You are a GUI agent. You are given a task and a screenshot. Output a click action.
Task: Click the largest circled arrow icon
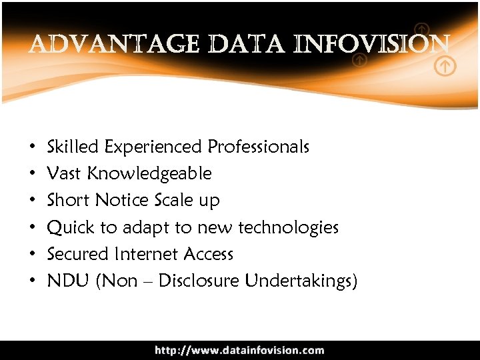[445, 67]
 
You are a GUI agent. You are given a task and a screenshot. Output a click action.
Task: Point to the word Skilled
[73, 146]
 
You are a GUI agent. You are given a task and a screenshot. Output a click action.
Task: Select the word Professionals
[259, 146]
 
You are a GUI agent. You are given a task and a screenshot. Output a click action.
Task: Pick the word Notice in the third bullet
[122, 200]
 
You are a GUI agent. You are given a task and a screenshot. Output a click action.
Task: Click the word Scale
[174, 200]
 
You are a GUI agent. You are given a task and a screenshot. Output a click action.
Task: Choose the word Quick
[71, 228]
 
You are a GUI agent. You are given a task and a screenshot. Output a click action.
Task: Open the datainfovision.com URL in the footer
[240, 350]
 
